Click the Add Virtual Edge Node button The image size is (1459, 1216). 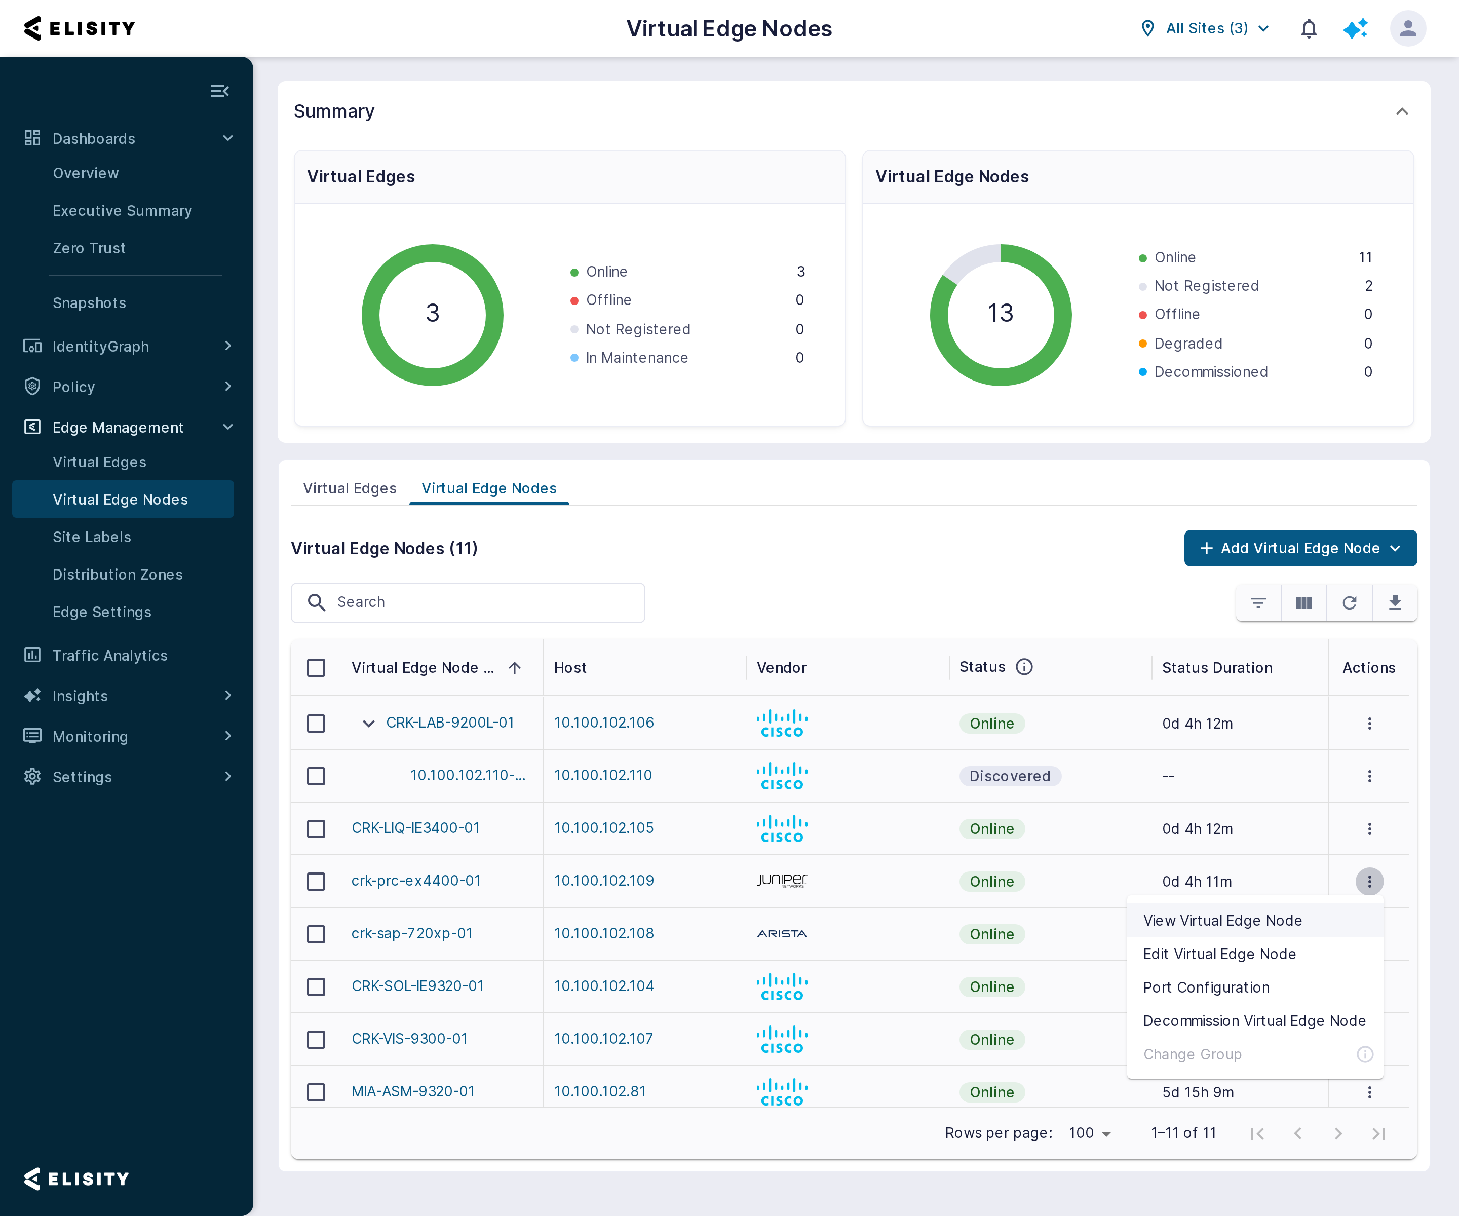coord(1300,548)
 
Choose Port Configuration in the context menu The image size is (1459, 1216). coord(1206,987)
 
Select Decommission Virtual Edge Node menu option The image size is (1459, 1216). coord(1254,1021)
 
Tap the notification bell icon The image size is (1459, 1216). coord(1309,28)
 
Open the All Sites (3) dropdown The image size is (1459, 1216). coord(1206,28)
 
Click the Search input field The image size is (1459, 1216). coord(468,602)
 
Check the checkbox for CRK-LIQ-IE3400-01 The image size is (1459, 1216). coord(316,829)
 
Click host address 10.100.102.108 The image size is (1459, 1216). coord(604,933)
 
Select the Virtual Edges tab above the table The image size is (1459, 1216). coord(350,488)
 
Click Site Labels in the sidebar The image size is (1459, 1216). coord(92,537)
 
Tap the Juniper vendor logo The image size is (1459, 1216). coord(782,881)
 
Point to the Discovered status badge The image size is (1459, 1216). coord(1010,776)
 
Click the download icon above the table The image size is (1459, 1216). coord(1394,602)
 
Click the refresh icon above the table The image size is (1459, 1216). coord(1349,602)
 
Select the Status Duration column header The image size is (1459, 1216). coord(1217,668)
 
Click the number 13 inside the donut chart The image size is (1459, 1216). coord(1001,314)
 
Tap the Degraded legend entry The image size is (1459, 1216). coord(1187,343)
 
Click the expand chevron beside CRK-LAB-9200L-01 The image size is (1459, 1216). coord(369,724)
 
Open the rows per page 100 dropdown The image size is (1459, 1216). coord(1089,1133)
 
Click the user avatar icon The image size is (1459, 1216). coord(1408,28)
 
